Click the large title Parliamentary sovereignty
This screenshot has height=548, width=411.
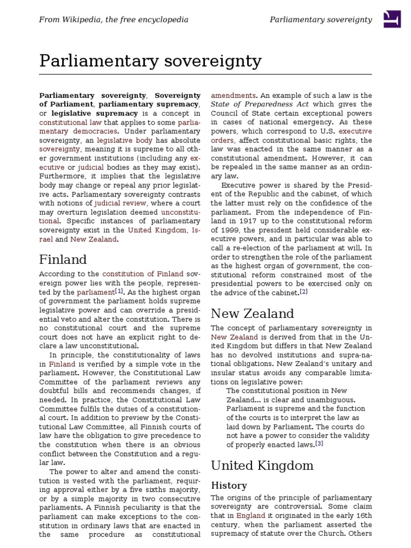(150, 62)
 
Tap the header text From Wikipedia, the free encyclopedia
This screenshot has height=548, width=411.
(113, 20)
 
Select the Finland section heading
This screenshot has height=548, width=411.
(63, 260)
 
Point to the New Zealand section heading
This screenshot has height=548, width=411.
(252, 314)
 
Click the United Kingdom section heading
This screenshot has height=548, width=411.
(262, 465)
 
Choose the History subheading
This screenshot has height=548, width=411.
(229, 485)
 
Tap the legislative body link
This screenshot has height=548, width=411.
(119, 141)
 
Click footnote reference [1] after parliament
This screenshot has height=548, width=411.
(119, 292)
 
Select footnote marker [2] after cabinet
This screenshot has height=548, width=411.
(303, 292)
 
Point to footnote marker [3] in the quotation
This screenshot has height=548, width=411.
(319, 444)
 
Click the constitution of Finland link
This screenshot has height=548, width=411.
(143, 274)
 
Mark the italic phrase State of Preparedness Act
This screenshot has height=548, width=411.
(260, 104)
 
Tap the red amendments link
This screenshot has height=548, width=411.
(233, 95)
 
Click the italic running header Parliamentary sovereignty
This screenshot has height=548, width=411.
(321, 20)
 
